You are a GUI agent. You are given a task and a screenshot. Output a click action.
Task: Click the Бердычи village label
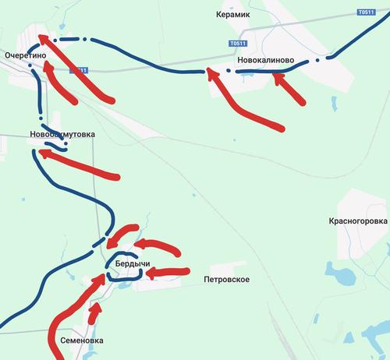click(x=133, y=265)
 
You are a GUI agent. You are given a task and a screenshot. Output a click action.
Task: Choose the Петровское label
click(x=226, y=279)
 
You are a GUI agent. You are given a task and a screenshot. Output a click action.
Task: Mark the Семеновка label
click(x=81, y=341)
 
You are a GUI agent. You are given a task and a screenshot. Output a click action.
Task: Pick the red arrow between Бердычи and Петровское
click(x=168, y=273)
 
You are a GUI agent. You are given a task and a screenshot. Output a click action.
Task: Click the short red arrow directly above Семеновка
click(x=95, y=312)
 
